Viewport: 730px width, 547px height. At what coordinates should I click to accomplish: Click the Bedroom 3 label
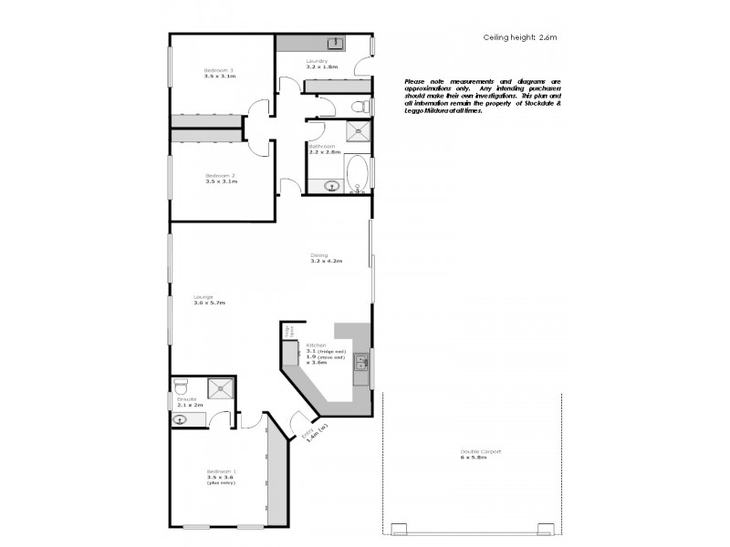[220, 74]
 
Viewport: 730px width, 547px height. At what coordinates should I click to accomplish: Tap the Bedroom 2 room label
[220, 178]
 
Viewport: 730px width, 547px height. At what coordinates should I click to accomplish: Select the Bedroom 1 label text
[221, 475]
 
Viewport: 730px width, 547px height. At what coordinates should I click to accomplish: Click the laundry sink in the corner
[336, 43]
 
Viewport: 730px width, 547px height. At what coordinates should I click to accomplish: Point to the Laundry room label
[322, 65]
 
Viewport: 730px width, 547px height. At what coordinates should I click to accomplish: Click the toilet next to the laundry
[363, 108]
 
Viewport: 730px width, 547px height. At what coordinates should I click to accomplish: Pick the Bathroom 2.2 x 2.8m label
[324, 150]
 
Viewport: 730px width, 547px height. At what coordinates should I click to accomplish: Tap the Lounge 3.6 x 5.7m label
[208, 299]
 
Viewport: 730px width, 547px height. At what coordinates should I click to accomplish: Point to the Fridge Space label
[290, 332]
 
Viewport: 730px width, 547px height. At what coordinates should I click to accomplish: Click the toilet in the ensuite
[182, 385]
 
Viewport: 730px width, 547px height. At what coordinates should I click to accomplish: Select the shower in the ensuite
[220, 389]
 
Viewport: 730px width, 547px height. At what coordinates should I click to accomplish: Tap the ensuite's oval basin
[181, 419]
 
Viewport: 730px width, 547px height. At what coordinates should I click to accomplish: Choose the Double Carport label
[480, 454]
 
